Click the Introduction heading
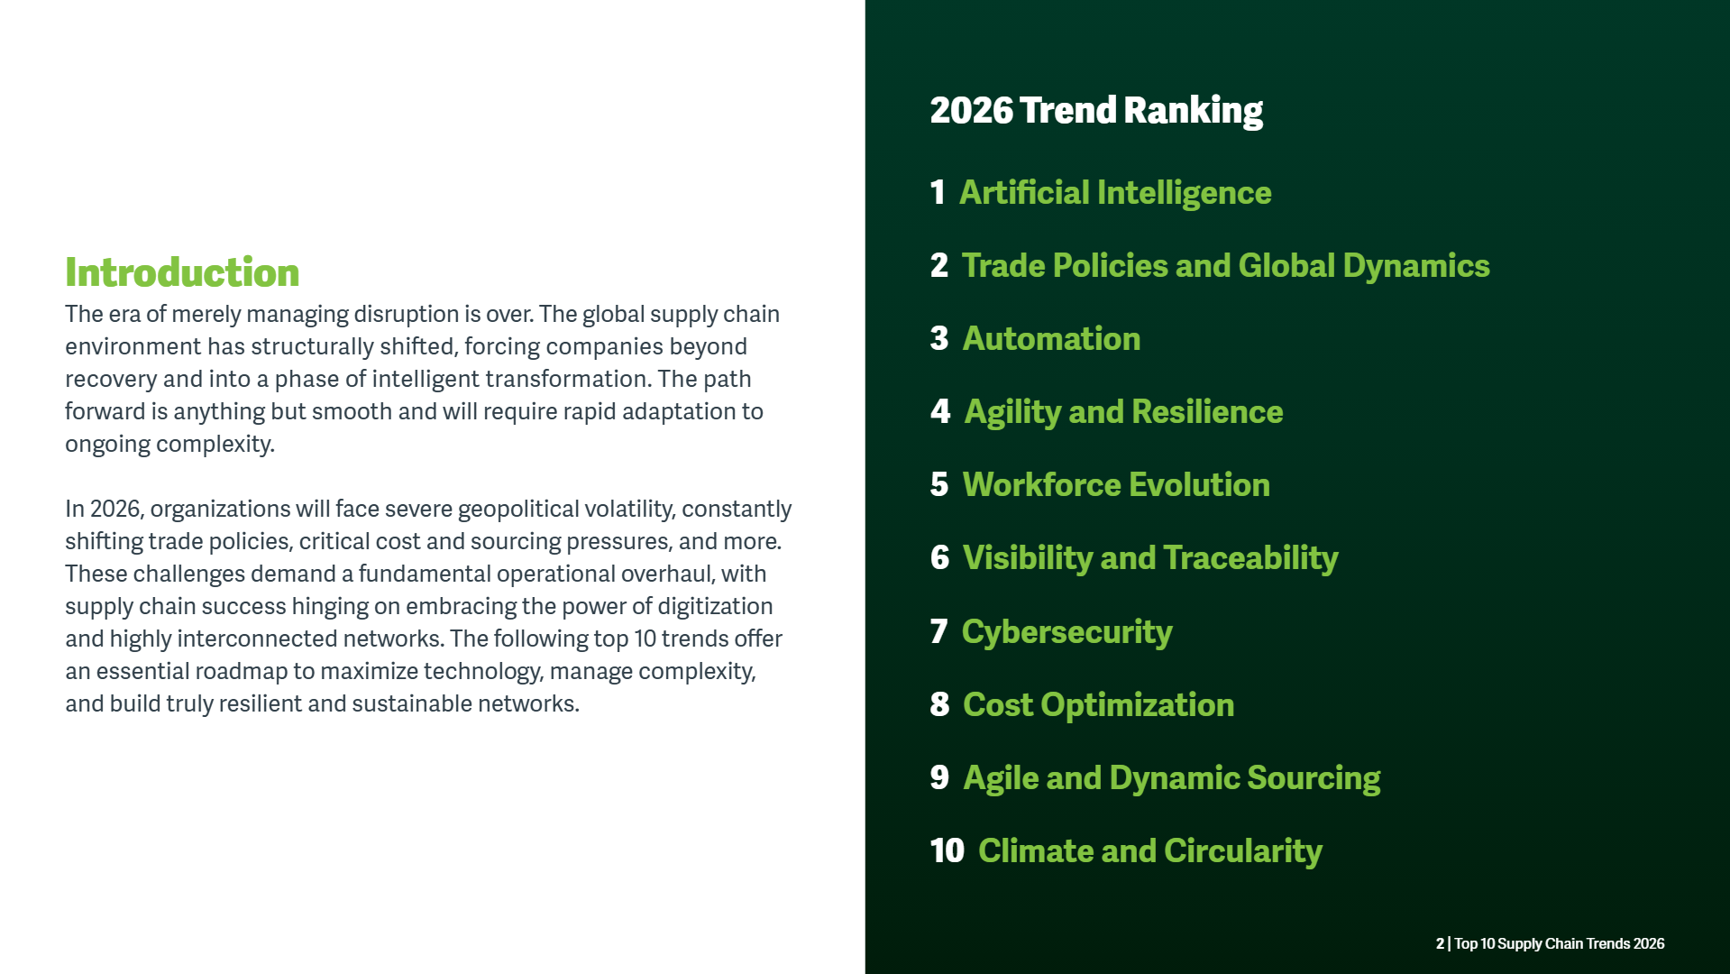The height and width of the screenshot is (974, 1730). [x=182, y=272]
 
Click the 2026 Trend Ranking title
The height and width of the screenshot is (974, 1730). [x=1096, y=111]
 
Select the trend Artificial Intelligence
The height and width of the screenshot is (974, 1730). [x=1115, y=193]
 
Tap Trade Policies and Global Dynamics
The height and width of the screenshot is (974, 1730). [x=1226, y=266]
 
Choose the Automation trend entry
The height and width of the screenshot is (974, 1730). [x=1051, y=339]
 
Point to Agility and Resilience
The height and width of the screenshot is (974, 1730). [x=1123, y=413]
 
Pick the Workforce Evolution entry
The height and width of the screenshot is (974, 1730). [x=1116, y=485]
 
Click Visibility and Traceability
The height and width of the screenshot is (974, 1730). [x=1150, y=559]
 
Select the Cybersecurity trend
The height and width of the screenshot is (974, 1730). [x=1067, y=633]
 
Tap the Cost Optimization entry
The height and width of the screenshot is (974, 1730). [x=1099, y=705]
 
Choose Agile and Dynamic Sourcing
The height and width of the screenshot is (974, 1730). [x=1172, y=779]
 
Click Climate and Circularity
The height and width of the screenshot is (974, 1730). [x=1150, y=852]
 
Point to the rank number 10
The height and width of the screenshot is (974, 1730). [x=947, y=851]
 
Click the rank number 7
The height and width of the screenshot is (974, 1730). [x=938, y=632]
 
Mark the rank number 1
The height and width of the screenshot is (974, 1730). [x=938, y=193]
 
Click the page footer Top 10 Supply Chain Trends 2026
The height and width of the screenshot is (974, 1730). [x=1560, y=944]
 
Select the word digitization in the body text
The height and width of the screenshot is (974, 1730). [x=715, y=606]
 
